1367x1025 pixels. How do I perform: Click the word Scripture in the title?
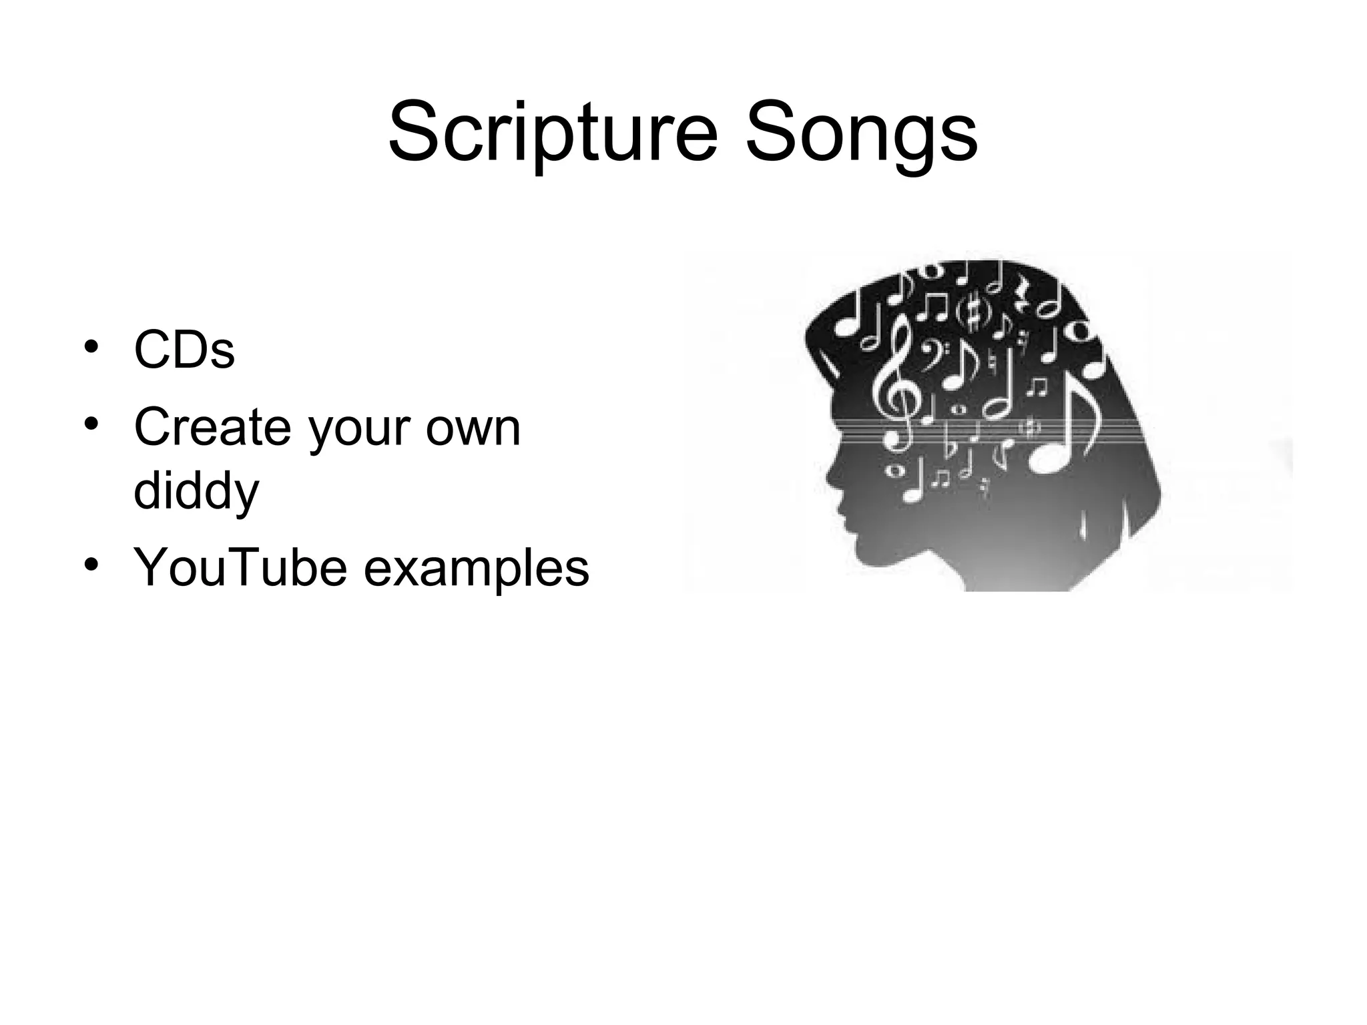(553, 133)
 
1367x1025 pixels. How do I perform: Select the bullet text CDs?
(184, 350)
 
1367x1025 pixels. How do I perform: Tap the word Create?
(213, 427)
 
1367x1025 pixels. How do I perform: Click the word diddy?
(196, 491)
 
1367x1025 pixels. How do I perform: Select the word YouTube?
(240, 567)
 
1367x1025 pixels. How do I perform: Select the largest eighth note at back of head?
(1068, 427)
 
